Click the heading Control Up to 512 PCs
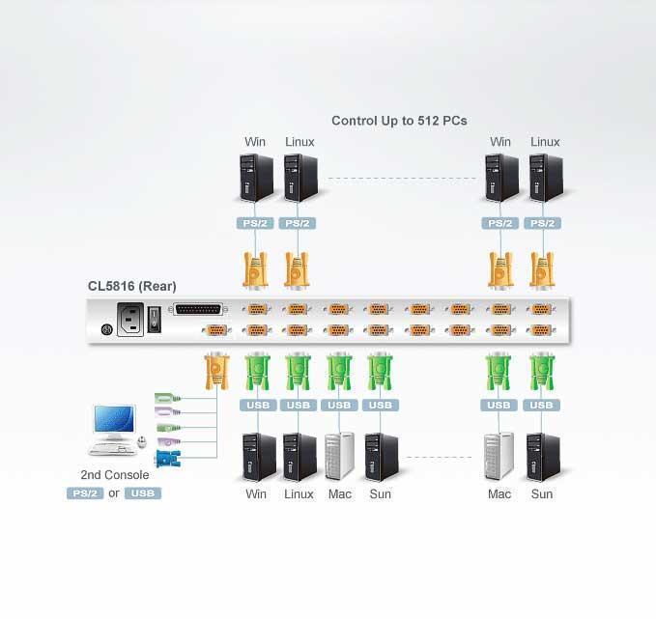pos(399,121)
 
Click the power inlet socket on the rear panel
pos(130,319)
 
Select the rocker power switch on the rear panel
pos(154,320)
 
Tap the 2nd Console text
pos(114,475)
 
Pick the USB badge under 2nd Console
pos(142,493)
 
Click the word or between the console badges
pos(113,493)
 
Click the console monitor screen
pos(112,420)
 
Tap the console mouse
pos(142,443)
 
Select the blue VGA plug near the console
pos(169,460)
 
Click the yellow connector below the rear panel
pos(215,370)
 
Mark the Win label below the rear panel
pos(256,494)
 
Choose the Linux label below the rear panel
pos(299,494)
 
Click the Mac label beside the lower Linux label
pos(340,494)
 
